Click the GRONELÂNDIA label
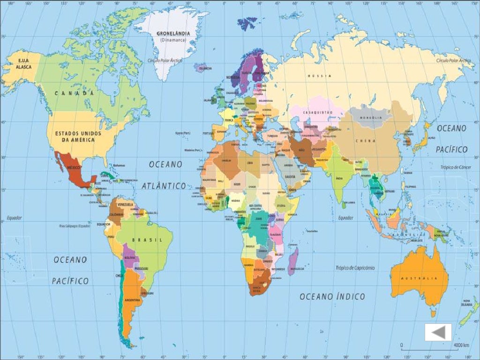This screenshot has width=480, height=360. pyautogui.click(x=173, y=34)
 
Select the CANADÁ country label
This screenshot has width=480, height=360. pyautogui.click(x=71, y=93)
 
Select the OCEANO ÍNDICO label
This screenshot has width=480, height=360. pyautogui.click(x=332, y=297)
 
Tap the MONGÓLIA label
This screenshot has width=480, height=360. pyautogui.click(x=370, y=118)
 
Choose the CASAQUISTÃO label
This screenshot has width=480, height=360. pyautogui.click(x=317, y=113)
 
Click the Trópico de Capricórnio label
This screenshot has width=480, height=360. pyautogui.click(x=355, y=268)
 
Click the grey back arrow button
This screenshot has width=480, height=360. pyautogui.click(x=438, y=332)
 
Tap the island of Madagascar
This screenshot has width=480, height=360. pyautogui.click(x=293, y=261)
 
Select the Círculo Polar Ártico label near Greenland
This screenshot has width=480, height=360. pyautogui.click(x=165, y=60)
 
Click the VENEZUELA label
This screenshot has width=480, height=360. pyautogui.click(x=125, y=204)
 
